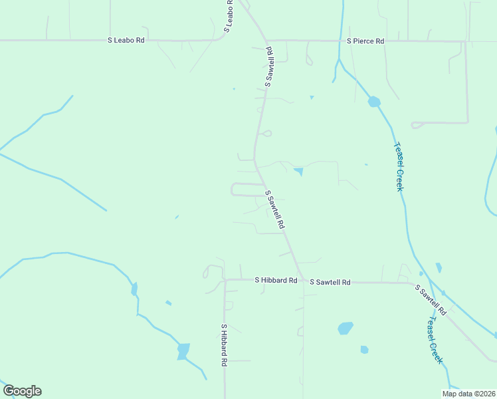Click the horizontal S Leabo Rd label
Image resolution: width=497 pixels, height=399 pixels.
point(126,41)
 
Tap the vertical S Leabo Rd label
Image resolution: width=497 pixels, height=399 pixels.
point(229,16)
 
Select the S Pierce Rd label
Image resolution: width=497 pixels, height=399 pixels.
point(365,41)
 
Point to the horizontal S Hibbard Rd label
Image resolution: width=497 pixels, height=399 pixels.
point(276,281)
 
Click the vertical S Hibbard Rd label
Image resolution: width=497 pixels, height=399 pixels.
point(225,345)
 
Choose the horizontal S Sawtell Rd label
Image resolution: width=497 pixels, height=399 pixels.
point(330,282)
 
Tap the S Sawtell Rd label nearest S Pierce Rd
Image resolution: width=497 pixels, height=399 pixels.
point(270,66)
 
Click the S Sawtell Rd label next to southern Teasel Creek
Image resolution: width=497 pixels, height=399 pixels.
point(431,300)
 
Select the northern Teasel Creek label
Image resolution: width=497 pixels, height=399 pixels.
point(399,166)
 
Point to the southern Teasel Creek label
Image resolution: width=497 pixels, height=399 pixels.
point(434,340)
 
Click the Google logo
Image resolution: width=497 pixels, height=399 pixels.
point(22,391)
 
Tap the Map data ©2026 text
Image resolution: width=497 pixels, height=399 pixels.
point(468,394)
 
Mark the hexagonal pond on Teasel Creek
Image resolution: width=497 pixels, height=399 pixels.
point(374,102)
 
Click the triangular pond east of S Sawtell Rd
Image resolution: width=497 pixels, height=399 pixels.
point(298,172)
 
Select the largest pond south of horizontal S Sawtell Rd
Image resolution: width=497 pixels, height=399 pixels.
point(346,328)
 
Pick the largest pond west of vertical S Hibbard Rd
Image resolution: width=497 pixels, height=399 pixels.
point(183,350)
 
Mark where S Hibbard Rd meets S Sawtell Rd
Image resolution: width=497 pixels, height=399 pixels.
point(302,281)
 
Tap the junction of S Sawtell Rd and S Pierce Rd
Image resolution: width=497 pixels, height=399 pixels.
point(266,41)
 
